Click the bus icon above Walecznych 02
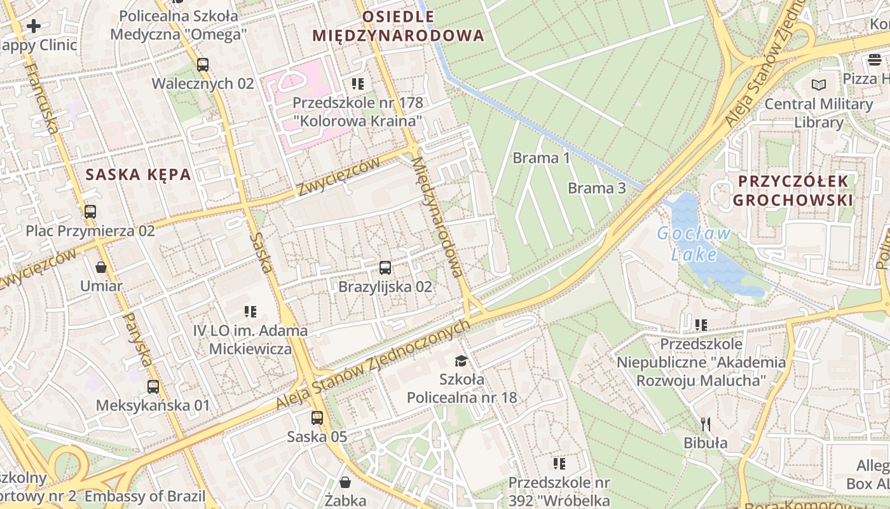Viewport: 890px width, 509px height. click(203, 65)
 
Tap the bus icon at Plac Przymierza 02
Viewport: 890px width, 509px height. click(90, 212)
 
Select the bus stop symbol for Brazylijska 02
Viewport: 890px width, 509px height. click(385, 268)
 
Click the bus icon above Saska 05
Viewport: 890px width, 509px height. click(317, 418)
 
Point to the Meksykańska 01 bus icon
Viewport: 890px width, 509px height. click(153, 386)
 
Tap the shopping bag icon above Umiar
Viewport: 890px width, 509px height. click(100, 267)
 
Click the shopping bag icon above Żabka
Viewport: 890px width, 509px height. click(345, 482)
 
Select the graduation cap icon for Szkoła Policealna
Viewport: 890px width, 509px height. click(461, 361)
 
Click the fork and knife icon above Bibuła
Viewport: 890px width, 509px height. click(705, 424)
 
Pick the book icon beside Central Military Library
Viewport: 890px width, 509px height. click(819, 85)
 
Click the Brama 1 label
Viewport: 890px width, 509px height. click(542, 158)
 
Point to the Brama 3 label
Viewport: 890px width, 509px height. click(596, 188)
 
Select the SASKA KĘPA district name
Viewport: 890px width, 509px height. click(139, 174)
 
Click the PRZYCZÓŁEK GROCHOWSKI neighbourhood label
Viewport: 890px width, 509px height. click(792, 191)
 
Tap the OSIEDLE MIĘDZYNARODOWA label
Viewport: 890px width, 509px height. click(398, 26)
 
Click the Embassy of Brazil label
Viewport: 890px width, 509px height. click(145, 496)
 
